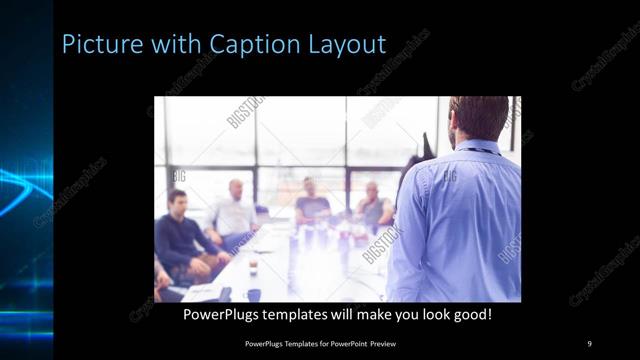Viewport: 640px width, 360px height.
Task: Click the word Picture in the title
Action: [96, 44]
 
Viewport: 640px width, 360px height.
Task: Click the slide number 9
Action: [589, 344]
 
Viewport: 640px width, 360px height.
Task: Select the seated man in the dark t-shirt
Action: [312, 204]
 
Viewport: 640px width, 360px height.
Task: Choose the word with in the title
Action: [168, 44]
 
